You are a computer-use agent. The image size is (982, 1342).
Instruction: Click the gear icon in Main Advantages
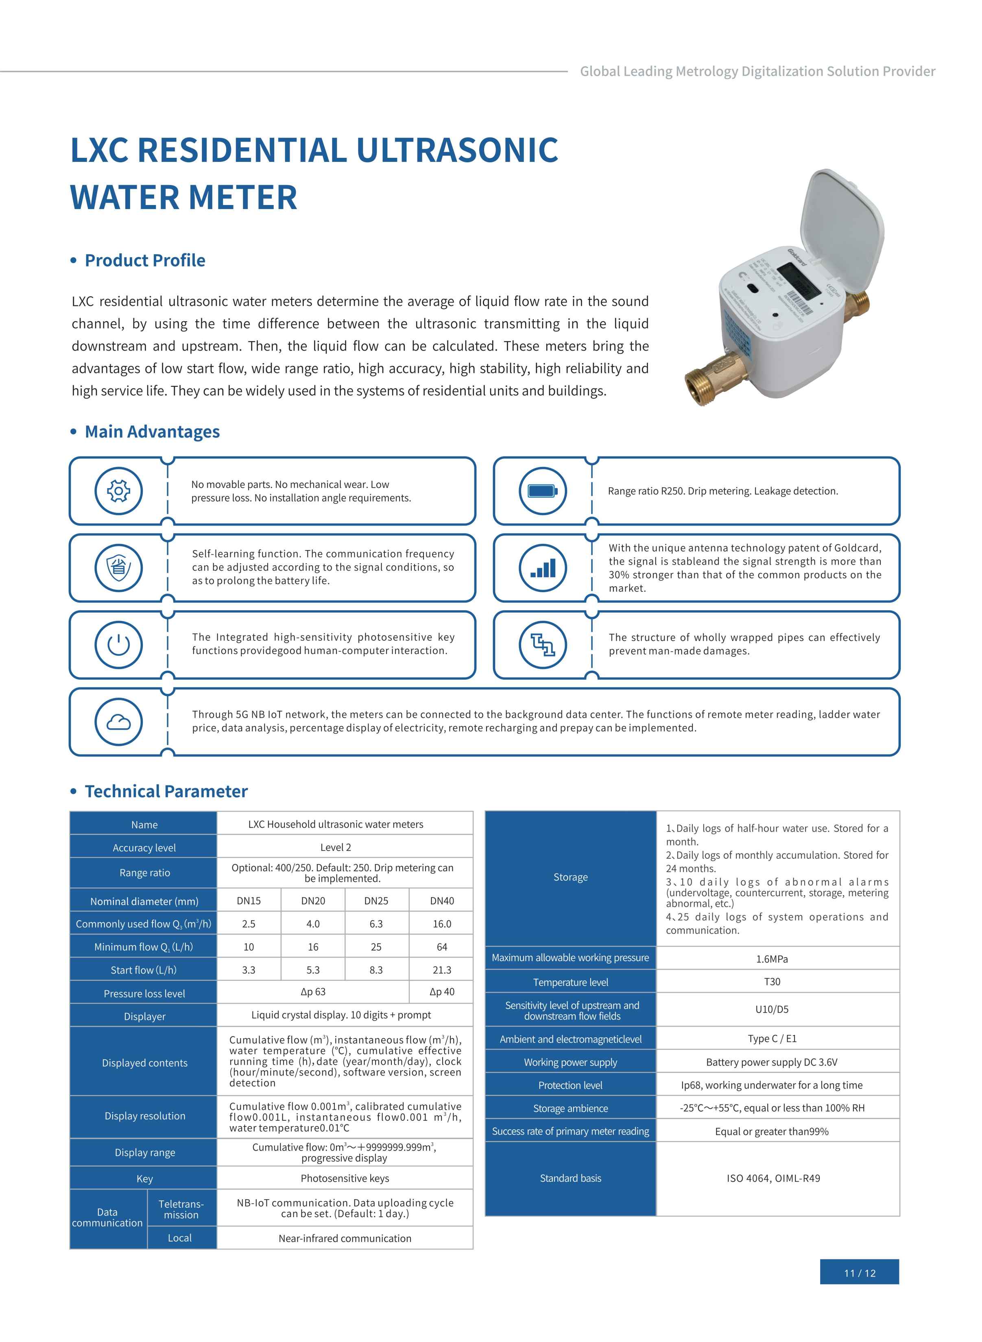click(118, 491)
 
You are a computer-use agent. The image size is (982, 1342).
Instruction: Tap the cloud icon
click(118, 722)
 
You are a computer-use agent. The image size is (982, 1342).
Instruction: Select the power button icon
click(118, 645)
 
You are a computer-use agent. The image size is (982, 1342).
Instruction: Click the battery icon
click(543, 491)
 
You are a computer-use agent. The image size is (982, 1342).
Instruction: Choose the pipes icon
click(543, 645)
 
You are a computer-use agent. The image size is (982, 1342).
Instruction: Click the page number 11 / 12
click(859, 1273)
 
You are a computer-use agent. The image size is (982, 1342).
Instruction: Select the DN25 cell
click(376, 900)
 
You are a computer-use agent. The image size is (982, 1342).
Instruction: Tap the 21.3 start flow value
click(442, 970)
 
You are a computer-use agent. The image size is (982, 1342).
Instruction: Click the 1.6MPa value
click(772, 959)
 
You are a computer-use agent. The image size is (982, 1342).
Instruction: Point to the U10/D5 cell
click(772, 1009)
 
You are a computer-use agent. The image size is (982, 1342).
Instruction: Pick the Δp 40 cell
click(442, 992)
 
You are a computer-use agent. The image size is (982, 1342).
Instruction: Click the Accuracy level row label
click(144, 847)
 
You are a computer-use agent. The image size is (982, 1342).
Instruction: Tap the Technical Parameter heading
click(166, 792)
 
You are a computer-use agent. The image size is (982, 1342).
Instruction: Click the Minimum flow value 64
click(442, 947)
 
